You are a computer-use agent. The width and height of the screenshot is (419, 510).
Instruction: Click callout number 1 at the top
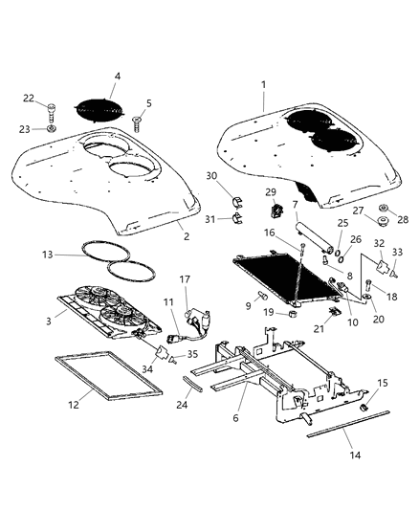pyautogui.click(x=261, y=86)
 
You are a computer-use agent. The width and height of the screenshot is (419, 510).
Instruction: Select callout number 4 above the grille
pyautogui.click(x=117, y=76)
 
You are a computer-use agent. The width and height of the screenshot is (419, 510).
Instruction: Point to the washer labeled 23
pyautogui.click(x=52, y=128)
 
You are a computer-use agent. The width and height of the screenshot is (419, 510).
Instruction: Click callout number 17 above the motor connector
pyautogui.click(x=186, y=279)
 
